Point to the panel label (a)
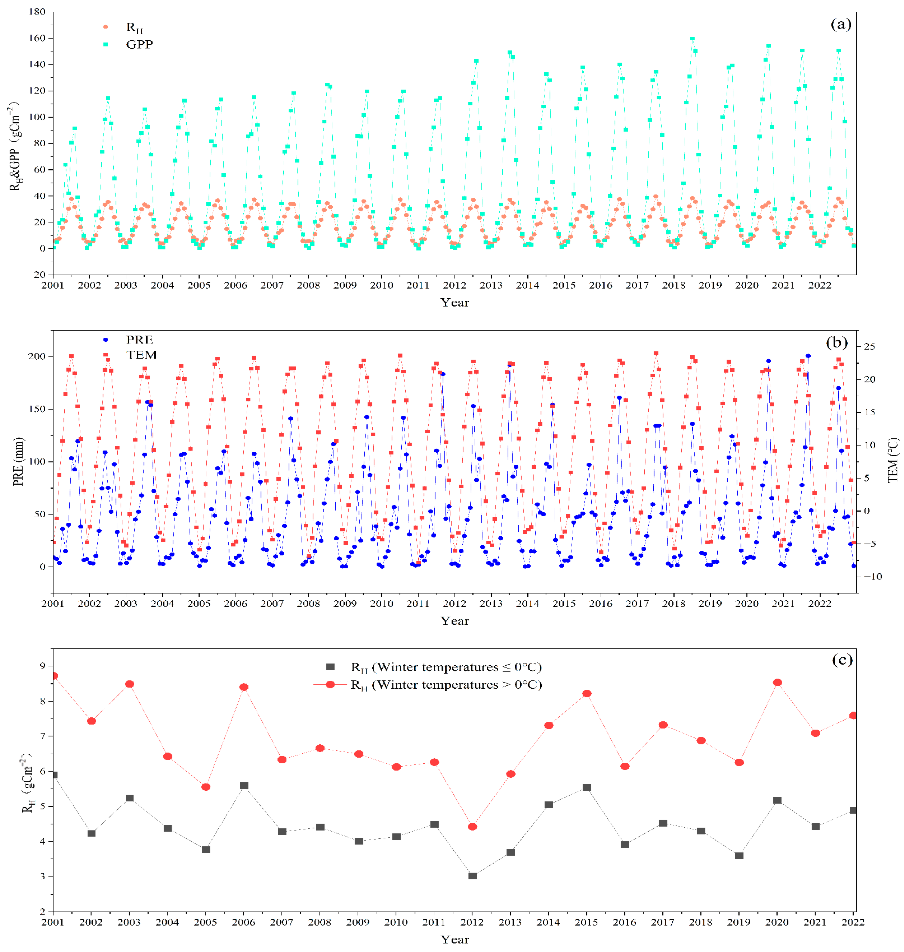(841, 24)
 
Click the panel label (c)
(842, 660)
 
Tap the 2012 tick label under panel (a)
(454, 285)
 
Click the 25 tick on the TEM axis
(869, 346)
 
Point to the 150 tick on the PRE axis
(37, 409)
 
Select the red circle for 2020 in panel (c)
(777, 683)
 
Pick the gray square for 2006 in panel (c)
(244, 786)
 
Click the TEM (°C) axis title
(892, 460)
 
